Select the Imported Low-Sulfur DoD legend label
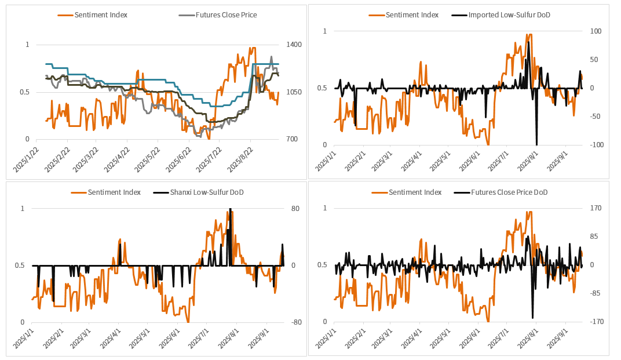point(509,14)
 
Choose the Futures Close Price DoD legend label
point(509,192)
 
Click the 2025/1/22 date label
point(26,160)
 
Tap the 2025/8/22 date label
point(240,160)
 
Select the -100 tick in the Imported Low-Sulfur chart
point(596,145)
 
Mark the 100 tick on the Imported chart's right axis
point(595,31)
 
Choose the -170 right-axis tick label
point(596,322)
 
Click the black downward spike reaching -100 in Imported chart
point(536,143)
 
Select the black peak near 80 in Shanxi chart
point(231,210)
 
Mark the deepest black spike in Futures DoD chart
point(532,317)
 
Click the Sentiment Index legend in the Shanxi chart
point(114,192)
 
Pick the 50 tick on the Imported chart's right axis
point(594,60)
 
